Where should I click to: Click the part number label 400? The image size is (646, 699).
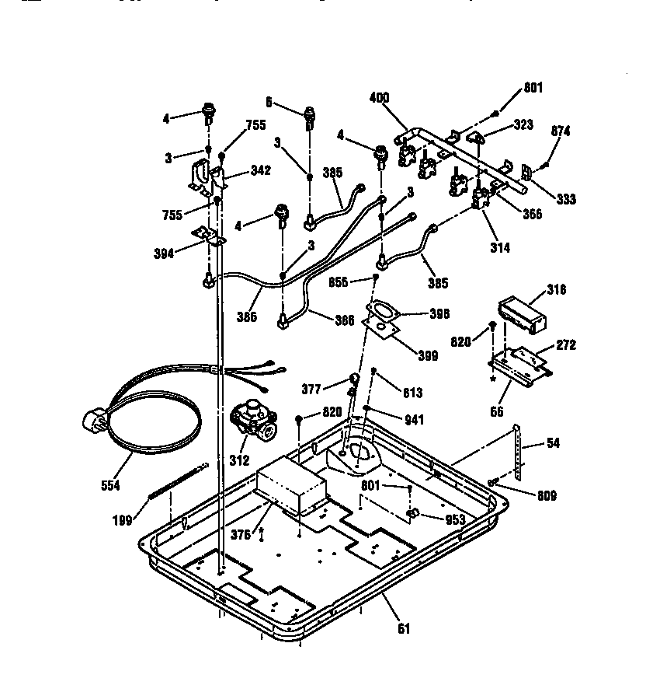click(380, 99)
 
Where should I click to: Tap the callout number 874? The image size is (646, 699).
click(561, 131)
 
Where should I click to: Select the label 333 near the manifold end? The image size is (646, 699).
click(566, 199)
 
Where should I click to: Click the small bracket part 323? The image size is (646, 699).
click(477, 137)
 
